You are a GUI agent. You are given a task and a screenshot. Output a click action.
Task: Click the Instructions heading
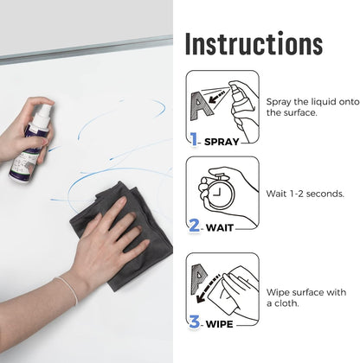(x=254, y=43)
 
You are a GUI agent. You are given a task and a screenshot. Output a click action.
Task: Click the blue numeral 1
(x=195, y=138)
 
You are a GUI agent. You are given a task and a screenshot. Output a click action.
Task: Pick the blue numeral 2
(x=195, y=226)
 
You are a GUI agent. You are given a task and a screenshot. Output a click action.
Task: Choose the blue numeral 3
(x=195, y=322)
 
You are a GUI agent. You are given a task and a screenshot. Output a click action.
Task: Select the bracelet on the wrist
(x=67, y=290)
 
